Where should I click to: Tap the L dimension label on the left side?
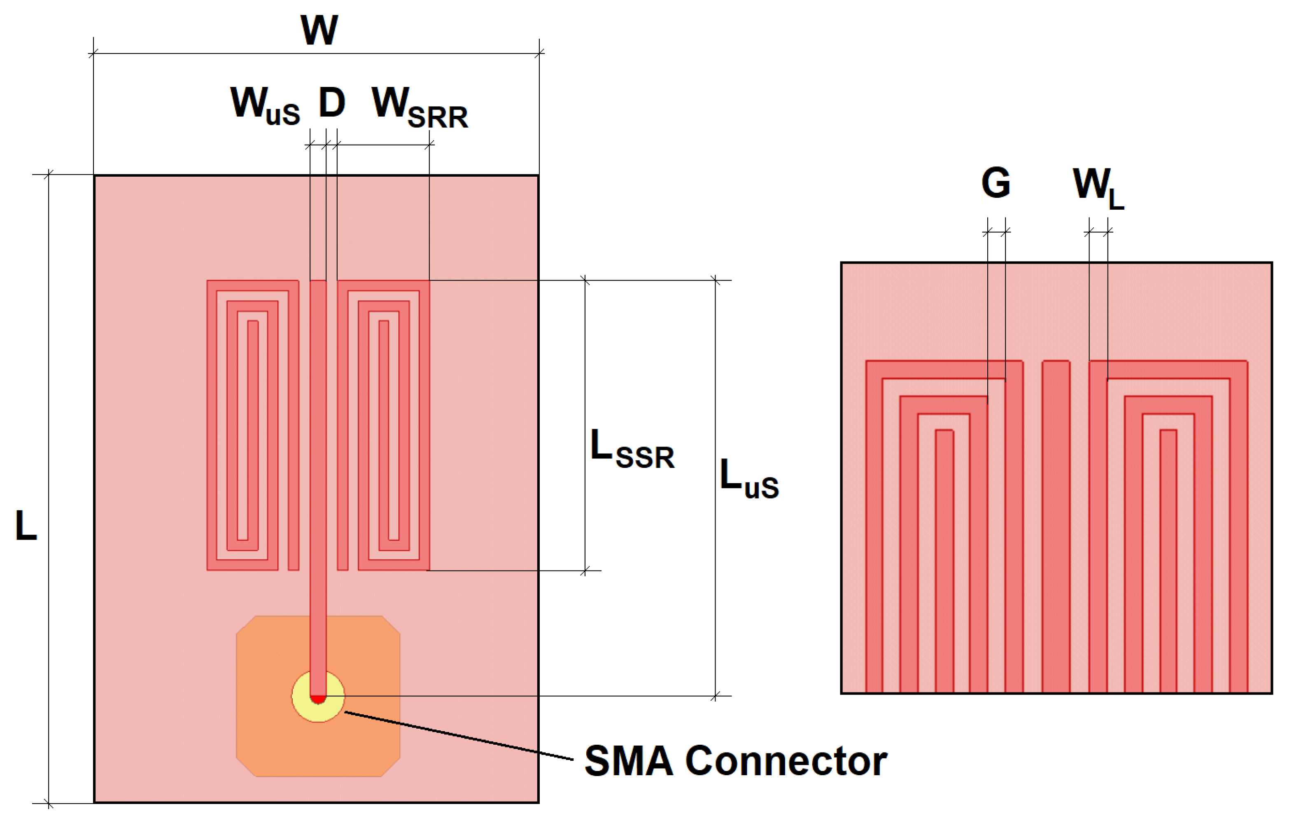(26, 525)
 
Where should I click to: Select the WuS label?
(265, 105)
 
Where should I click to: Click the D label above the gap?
(332, 102)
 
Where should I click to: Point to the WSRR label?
(419, 108)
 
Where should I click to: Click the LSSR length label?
(632, 449)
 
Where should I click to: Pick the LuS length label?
(749, 479)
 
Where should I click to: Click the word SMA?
(628, 761)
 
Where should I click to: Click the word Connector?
(786, 761)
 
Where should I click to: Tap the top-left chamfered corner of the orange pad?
(245, 625)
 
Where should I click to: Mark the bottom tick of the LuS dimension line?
(715, 696)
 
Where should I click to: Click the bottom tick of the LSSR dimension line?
(585, 570)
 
